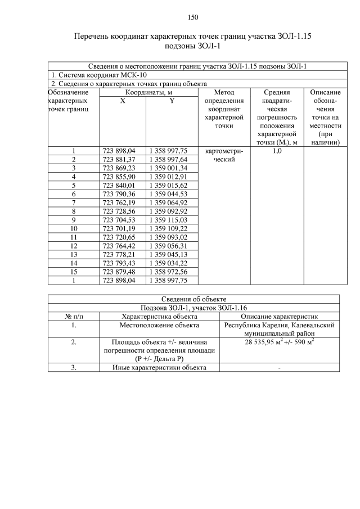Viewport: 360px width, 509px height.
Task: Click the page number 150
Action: tap(193, 17)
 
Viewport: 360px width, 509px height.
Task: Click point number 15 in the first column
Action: tap(74, 271)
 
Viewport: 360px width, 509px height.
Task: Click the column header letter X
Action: tap(123, 100)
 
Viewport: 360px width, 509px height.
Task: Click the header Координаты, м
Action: tap(148, 92)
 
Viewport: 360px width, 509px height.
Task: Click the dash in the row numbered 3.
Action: tap(279, 368)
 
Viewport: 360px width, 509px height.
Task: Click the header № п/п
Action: tap(74, 317)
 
